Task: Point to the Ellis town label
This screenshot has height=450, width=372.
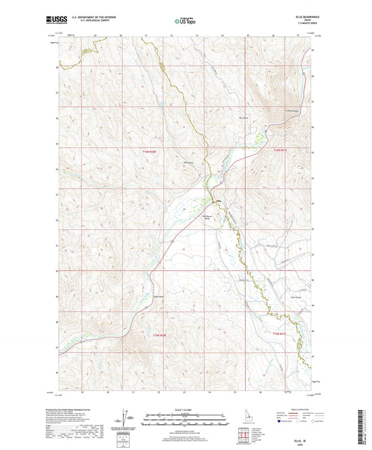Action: (x=216, y=203)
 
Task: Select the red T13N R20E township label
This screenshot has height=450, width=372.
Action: (x=160, y=336)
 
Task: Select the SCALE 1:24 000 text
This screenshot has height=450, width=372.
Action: (x=186, y=409)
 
